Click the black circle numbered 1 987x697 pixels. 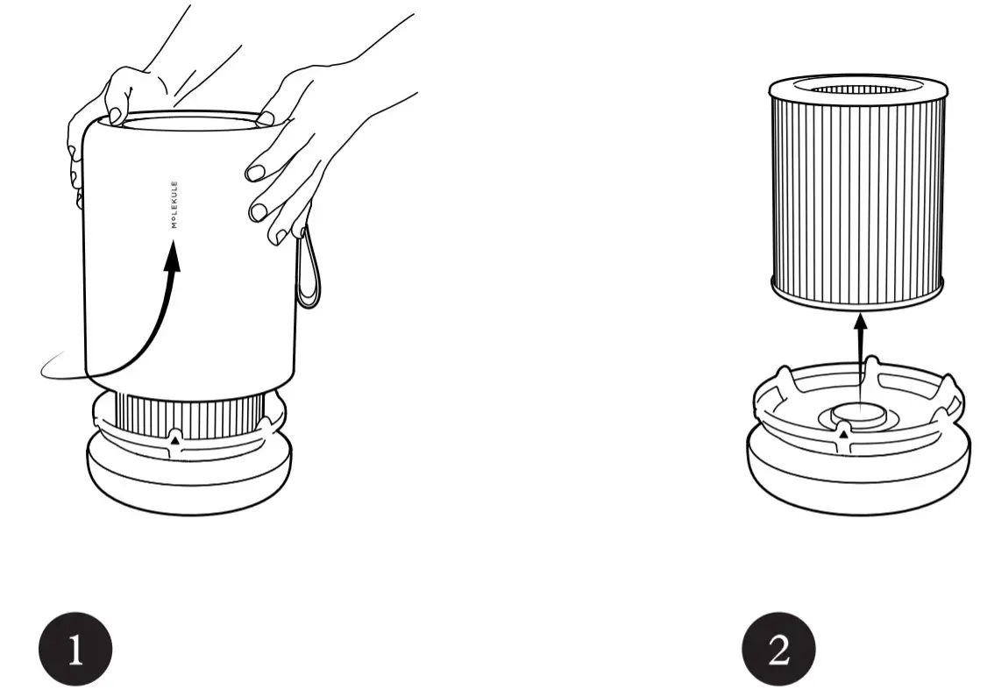[75, 650]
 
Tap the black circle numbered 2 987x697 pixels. [778, 650]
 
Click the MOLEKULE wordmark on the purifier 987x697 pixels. [174, 204]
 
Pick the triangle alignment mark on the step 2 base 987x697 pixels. [843, 432]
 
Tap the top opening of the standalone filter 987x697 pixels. [858, 89]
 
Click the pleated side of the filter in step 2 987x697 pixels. [857, 193]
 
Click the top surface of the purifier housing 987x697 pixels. [188, 122]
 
